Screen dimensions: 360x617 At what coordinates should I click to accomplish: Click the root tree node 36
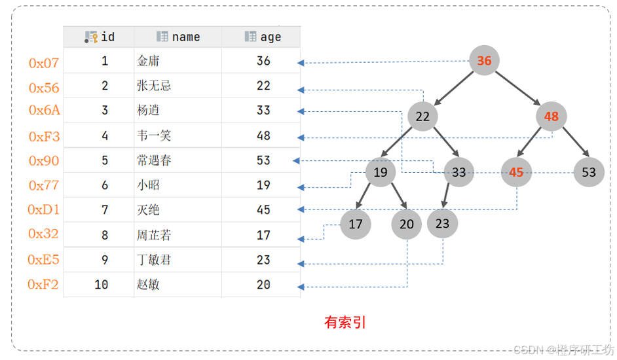484,61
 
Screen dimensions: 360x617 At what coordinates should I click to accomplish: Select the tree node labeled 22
422,117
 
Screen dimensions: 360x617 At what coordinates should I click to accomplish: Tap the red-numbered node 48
551,117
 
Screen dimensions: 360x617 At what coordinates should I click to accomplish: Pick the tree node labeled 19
381,172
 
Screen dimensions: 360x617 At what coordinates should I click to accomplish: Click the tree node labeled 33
459,172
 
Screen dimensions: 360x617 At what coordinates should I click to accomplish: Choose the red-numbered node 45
516,172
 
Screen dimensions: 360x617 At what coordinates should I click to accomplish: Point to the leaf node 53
589,172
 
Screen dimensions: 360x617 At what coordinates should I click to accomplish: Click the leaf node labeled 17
355,225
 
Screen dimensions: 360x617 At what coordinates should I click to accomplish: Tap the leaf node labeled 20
407,225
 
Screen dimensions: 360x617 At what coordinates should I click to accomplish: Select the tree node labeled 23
443,223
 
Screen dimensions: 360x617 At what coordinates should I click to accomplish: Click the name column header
178,37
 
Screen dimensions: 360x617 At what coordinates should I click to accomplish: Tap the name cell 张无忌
154,86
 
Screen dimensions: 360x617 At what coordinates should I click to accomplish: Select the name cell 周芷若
154,235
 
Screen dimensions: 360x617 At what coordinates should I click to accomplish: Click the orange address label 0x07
44,63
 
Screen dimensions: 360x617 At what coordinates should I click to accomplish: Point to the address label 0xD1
44,210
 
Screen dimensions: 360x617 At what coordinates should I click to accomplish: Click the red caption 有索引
345,322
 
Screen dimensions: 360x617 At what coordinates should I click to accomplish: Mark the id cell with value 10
101,285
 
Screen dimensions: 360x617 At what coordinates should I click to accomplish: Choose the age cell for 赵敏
263,285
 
